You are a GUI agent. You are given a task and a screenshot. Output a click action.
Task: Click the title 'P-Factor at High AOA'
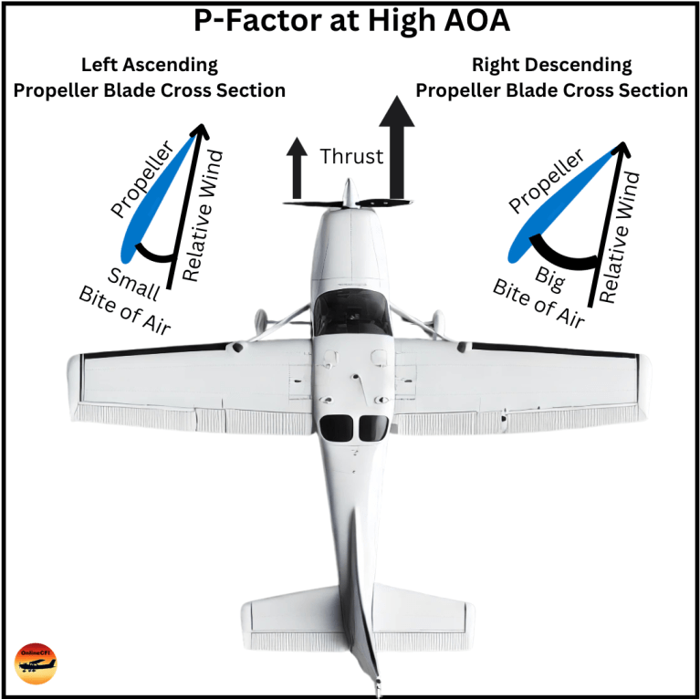(350, 22)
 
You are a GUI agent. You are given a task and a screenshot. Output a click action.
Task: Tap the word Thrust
(351, 157)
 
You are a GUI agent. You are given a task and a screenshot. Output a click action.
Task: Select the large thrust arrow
(397, 146)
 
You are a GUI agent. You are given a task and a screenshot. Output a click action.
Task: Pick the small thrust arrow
(297, 169)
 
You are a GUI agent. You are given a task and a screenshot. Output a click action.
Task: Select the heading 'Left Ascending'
(150, 66)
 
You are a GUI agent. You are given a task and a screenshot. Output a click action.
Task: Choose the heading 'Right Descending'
(551, 66)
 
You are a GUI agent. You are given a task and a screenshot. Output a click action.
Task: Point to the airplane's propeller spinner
(347, 194)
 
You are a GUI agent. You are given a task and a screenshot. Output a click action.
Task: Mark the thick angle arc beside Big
(563, 250)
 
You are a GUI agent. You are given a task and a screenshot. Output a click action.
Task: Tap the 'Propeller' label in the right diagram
(546, 182)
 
